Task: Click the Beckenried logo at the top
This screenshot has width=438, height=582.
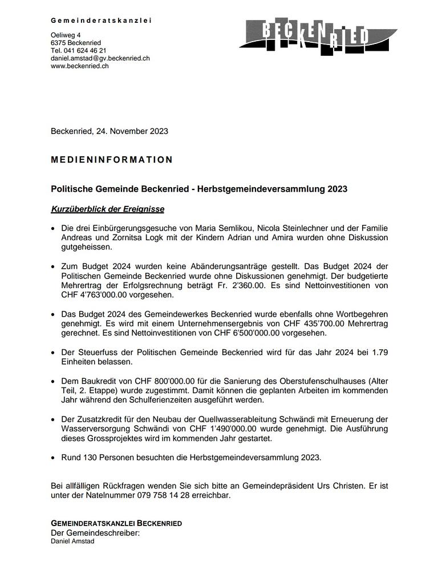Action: [x=317, y=37]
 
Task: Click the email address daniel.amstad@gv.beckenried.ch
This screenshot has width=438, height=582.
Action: [x=100, y=58]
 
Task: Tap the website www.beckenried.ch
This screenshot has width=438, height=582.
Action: [x=79, y=66]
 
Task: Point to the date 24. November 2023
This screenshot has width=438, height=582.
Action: [x=132, y=131]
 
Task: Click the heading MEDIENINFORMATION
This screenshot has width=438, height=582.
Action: [x=112, y=160]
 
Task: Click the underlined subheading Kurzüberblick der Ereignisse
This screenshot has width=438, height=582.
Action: [x=107, y=209]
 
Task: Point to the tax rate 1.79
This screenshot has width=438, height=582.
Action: [x=380, y=353]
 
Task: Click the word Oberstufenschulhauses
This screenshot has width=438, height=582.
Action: [x=322, y=381]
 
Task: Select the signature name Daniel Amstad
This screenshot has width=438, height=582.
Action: [x=72, y=541]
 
